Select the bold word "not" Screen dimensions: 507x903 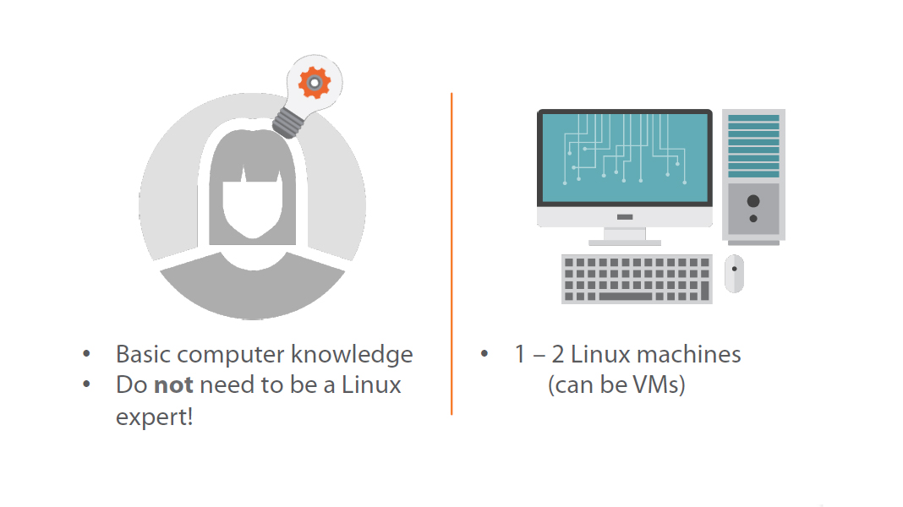(173, 385)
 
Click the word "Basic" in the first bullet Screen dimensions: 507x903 (143, 354)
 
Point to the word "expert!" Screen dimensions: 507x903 (155, 417)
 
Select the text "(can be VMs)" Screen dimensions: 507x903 (616, 385)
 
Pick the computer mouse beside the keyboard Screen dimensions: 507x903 (734, 273)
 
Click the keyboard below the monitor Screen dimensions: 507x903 (637, 279)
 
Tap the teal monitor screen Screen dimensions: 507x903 (624, 158)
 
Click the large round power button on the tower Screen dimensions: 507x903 (753, 201)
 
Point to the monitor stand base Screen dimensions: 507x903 (624, 243)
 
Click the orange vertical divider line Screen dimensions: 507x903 (451, 253)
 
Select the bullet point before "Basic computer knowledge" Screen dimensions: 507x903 (87, 354)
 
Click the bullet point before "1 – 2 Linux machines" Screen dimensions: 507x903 (484, 354)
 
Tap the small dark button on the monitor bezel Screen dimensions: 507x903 (624, 217)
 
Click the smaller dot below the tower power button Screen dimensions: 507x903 (753, 219)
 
